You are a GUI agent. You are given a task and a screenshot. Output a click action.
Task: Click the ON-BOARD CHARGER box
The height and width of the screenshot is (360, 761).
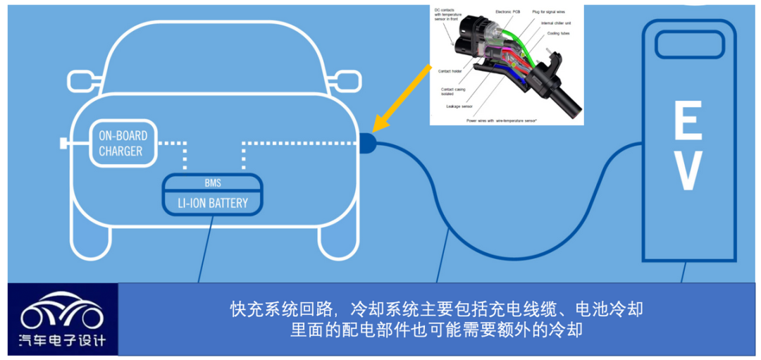120,143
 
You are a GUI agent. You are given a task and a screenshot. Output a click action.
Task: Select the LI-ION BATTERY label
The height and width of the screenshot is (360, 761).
213,204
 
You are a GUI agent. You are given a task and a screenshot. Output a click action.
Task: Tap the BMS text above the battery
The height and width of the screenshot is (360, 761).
213,184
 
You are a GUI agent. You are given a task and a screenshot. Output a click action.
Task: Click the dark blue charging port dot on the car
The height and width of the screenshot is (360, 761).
368,143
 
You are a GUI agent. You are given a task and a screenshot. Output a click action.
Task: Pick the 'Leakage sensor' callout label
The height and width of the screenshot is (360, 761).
459,107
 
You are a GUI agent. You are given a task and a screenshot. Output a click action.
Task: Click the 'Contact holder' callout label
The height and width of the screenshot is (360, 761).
451,71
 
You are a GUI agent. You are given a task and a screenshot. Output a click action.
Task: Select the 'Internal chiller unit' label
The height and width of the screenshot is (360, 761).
557,23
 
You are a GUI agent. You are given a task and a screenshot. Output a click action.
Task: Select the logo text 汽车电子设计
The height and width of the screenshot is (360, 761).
62,341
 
